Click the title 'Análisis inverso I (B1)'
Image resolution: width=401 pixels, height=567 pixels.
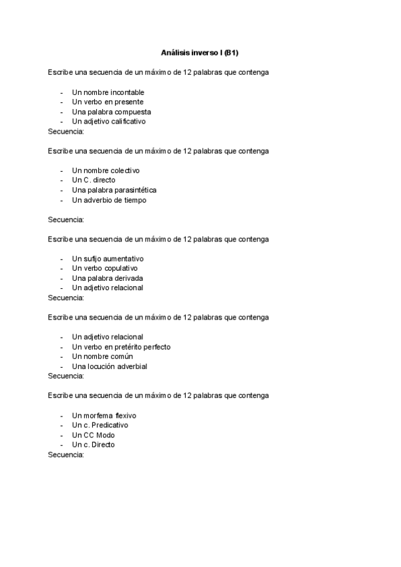click(200, 52)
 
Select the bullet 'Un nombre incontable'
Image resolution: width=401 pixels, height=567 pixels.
click(108, 92)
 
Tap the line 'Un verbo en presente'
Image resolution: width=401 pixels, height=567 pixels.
click(107, 102)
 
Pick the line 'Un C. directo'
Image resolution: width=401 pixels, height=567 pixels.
click(94, 181)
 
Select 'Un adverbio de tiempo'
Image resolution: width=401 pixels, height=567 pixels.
click(108, 200)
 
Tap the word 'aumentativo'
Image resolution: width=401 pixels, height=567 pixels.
click(123, 259)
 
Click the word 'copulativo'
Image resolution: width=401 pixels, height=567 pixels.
click(119, 268)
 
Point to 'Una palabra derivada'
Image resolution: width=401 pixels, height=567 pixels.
click(107, 278)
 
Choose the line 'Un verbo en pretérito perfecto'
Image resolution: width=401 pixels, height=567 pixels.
click(121, 347)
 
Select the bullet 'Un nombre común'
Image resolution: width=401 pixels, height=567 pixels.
click(102, 356)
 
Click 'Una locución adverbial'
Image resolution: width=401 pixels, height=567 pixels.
click(109, 366)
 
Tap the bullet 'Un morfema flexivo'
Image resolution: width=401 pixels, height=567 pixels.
click(104, 415)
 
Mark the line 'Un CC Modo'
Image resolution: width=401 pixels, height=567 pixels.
click(93, 435)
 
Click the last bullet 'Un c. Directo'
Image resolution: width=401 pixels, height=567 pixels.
click(93, 445)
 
